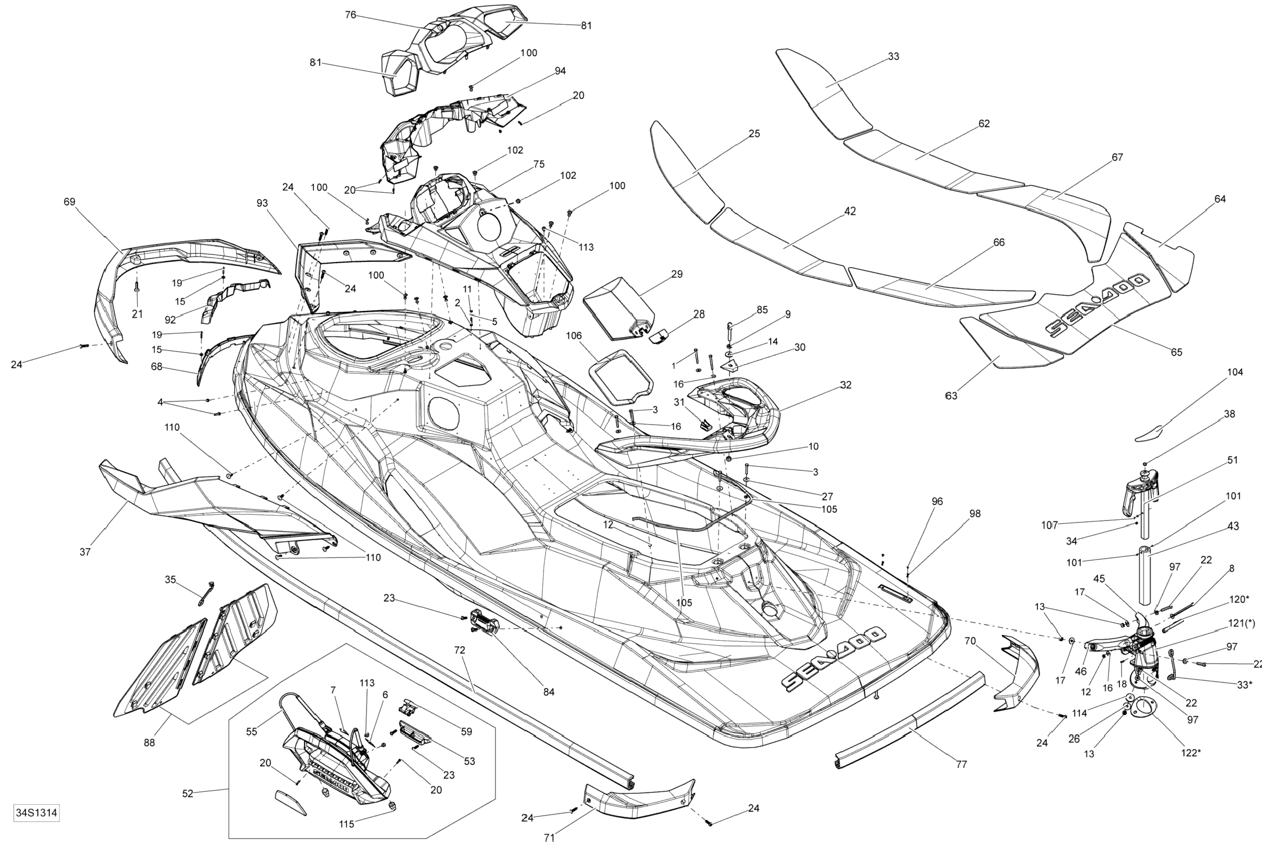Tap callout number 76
[x=350, y=15]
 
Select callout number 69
[x=69, y=202]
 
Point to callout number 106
[x=573, y=336]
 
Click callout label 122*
[x=1191, y=752]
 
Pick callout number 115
[x=346, y=824]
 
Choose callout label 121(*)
[x=1242, y=623]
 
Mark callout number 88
[x=149, y=743]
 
